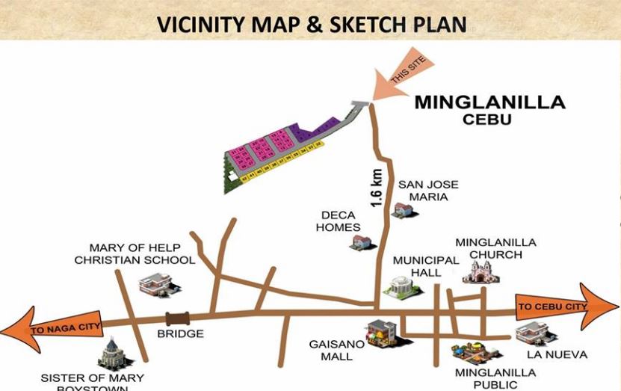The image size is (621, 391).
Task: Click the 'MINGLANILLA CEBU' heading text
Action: click(490, 109)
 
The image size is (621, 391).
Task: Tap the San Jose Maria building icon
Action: click(405, 210)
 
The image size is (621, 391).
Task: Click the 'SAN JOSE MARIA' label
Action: click(428, 191)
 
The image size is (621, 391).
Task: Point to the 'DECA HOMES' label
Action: click(339, 221)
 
